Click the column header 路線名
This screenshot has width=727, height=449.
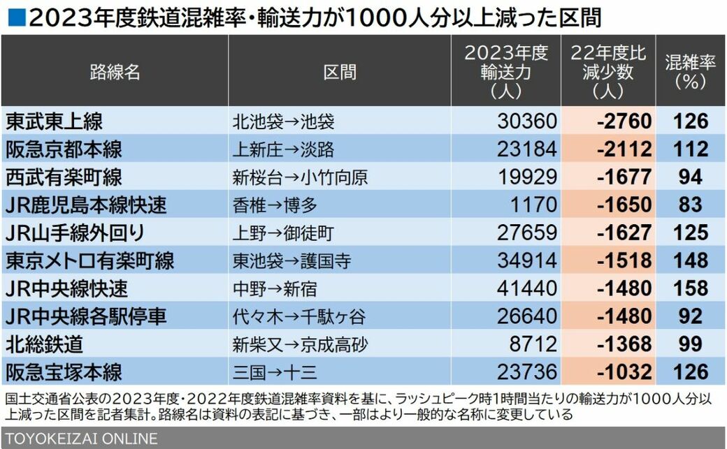tap(115, 72)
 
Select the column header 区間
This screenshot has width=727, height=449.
tap(340, 72)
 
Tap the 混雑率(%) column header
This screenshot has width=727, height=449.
tap(691, 72)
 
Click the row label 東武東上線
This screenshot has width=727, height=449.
tap(55, 122)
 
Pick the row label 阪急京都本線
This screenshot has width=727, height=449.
tap(64, 149)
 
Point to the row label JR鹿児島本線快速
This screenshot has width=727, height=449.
tap(86, 205)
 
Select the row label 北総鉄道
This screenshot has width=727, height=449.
tap(45, 344)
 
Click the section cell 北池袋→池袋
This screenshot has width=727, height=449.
tap(283, 122)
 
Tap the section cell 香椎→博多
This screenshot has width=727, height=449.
tap(275, 205)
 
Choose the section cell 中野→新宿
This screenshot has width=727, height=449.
tap(275, 288)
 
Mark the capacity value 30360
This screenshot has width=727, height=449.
tap(527, 122)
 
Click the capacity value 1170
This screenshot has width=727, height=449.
tap(533, 205)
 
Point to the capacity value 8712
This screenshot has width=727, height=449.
tap(533, 344)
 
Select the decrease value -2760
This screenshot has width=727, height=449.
tap(624, 122)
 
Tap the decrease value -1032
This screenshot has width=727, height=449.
tap(624, 372)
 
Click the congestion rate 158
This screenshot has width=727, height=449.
tap(691, 288)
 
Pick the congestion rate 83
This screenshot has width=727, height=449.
tap(691, 205)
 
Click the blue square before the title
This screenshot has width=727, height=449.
tap(17, 18)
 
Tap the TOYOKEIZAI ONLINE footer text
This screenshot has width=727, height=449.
tap(81, 439)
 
